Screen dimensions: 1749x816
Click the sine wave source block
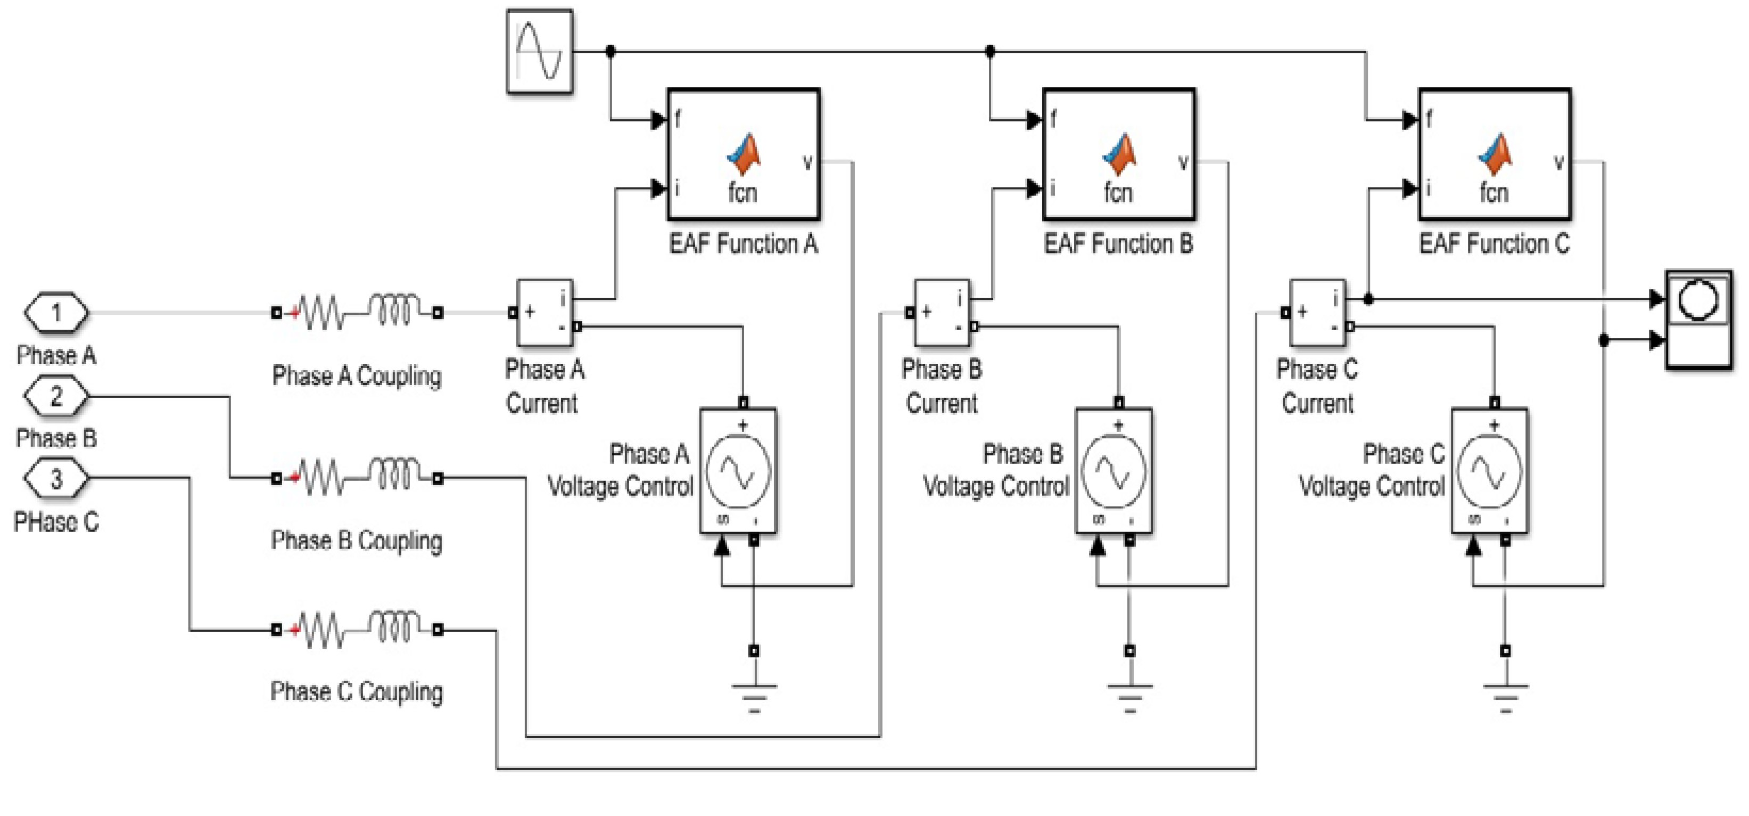(539, 51)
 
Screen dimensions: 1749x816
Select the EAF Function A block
(744, 154)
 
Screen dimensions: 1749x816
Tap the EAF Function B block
(1119, 154)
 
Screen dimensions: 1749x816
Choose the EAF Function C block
(1495, 154)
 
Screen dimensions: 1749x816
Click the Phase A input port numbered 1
(56, 313)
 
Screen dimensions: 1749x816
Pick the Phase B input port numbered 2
(56, 396)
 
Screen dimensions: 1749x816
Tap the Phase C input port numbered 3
(56, 478)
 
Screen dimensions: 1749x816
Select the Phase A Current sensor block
(544, 313)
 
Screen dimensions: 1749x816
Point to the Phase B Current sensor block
(942, 313)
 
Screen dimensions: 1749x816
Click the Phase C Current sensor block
(1317, 313)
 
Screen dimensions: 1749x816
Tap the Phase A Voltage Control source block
(738, 470)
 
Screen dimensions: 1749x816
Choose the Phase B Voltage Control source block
(1113, 470)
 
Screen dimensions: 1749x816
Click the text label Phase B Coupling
(357, 541)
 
